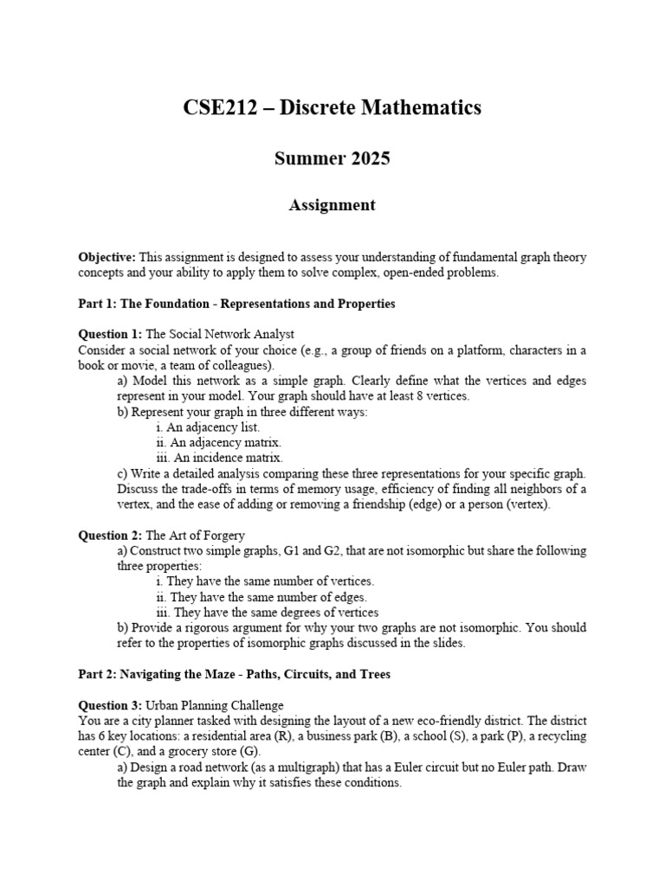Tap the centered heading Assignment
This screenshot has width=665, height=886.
point(332,205)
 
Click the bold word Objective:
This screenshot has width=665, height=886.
point(107,258)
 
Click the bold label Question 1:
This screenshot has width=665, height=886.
point(110,334)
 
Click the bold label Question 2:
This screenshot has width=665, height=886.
point(110,536)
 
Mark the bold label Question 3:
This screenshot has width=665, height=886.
point(110,705)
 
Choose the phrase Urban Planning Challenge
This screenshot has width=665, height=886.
point(214,705)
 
